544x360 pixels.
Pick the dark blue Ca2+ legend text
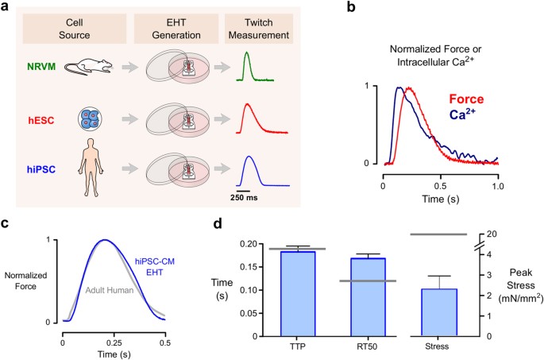click(469, 116)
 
